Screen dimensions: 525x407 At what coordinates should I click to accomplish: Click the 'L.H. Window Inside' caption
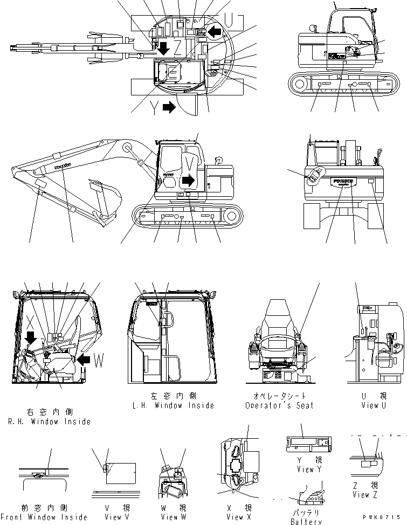coord(174,405)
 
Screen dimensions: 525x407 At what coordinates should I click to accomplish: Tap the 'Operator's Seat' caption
coord(279,405)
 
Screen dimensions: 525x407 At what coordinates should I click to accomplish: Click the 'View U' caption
coord(370,405)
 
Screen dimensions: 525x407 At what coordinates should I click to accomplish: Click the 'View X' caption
coord(234,517)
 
